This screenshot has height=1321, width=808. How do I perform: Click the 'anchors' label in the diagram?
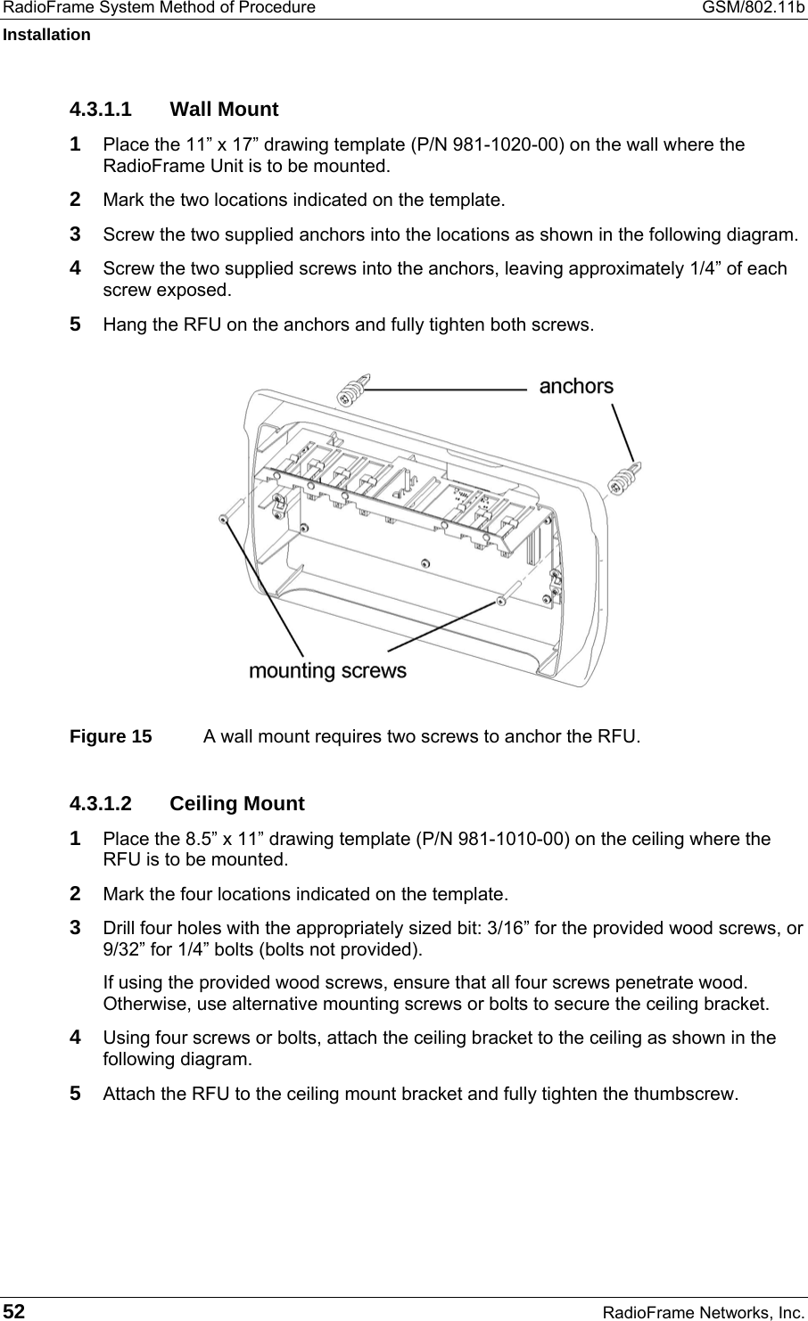pos(576,386)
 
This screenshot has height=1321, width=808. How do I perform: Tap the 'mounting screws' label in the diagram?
pos(327,670)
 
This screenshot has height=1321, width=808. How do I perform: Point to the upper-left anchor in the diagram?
pos(352,390)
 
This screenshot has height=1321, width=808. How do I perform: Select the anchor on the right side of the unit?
pos(624,475)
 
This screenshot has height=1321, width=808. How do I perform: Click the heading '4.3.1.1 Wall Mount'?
pos(174,110)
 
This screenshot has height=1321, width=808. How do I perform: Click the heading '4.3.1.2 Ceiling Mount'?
pos(187,803)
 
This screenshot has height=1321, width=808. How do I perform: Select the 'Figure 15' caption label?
pos(111,737)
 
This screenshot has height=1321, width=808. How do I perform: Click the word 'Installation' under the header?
pos(45,35)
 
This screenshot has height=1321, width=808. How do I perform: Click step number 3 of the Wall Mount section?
pos(78,234)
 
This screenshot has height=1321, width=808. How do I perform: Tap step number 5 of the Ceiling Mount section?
pos(78,1093)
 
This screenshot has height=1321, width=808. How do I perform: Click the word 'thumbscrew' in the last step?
pos(688,1094)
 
